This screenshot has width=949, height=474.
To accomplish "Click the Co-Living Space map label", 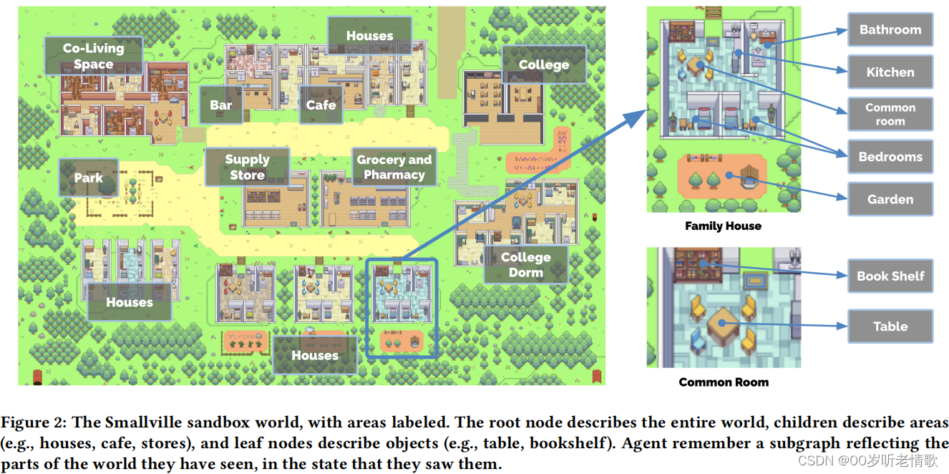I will point(93,56).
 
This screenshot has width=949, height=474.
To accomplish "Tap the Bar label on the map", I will point(221,105).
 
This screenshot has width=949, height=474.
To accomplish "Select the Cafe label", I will point(321,105).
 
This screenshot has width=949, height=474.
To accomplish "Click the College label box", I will point(544,64).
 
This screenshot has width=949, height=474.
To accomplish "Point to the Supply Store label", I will point(247,167).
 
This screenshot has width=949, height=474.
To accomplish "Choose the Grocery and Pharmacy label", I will point(394,167).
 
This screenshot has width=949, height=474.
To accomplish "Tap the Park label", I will point(88,178).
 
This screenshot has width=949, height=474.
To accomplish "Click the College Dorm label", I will point(525,264).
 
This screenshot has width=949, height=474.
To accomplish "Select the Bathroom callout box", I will point(890,30).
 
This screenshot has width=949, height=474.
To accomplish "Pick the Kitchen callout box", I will point(890,72).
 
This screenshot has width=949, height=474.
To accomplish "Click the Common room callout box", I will point(890,114).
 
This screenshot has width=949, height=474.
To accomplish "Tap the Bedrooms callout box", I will point(890,157).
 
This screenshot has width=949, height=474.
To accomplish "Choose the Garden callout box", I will point(890,199).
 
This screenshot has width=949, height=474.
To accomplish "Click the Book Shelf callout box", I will point(890,276).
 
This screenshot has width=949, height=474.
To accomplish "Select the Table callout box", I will point(890,327).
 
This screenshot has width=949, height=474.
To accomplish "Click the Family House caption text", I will point(723,226).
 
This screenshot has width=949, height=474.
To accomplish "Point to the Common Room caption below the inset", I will point(724,382).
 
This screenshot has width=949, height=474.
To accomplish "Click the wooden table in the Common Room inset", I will point(721,324).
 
